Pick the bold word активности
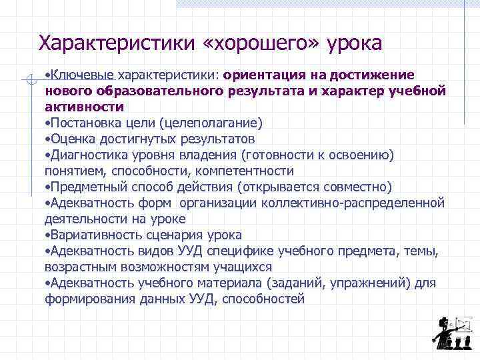(x=84, y=107)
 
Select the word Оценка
(x=74, y=139)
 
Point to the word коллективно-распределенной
(x=353, y=203)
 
